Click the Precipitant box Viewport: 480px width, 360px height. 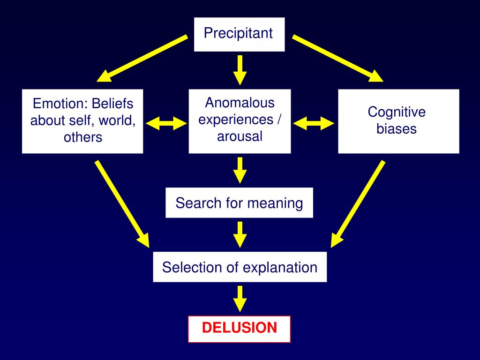(x=239, y=34)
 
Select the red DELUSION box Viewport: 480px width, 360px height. (x=239, y=329)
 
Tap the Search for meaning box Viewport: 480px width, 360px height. (x=239, y=203)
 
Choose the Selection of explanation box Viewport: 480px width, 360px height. (x=240, y=268)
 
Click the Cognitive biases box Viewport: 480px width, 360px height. (x=398, y=121)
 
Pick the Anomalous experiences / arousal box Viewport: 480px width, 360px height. (x=240, y=121)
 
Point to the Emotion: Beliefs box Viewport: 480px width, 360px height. (x=82, y=121)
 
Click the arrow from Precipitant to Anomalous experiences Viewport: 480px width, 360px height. (x=240, y=70)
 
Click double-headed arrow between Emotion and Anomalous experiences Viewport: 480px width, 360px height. (x=166, y=124)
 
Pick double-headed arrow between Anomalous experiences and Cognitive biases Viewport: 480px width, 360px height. (x=314, y=124)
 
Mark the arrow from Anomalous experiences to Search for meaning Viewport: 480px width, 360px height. (x=240, y=170)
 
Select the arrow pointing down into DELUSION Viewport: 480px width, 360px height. (x=240, y=299)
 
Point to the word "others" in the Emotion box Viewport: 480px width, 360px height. (x=82, y=137)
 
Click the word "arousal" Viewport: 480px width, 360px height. (x=240, y=136)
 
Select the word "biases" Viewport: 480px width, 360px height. (x=397, y=129)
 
